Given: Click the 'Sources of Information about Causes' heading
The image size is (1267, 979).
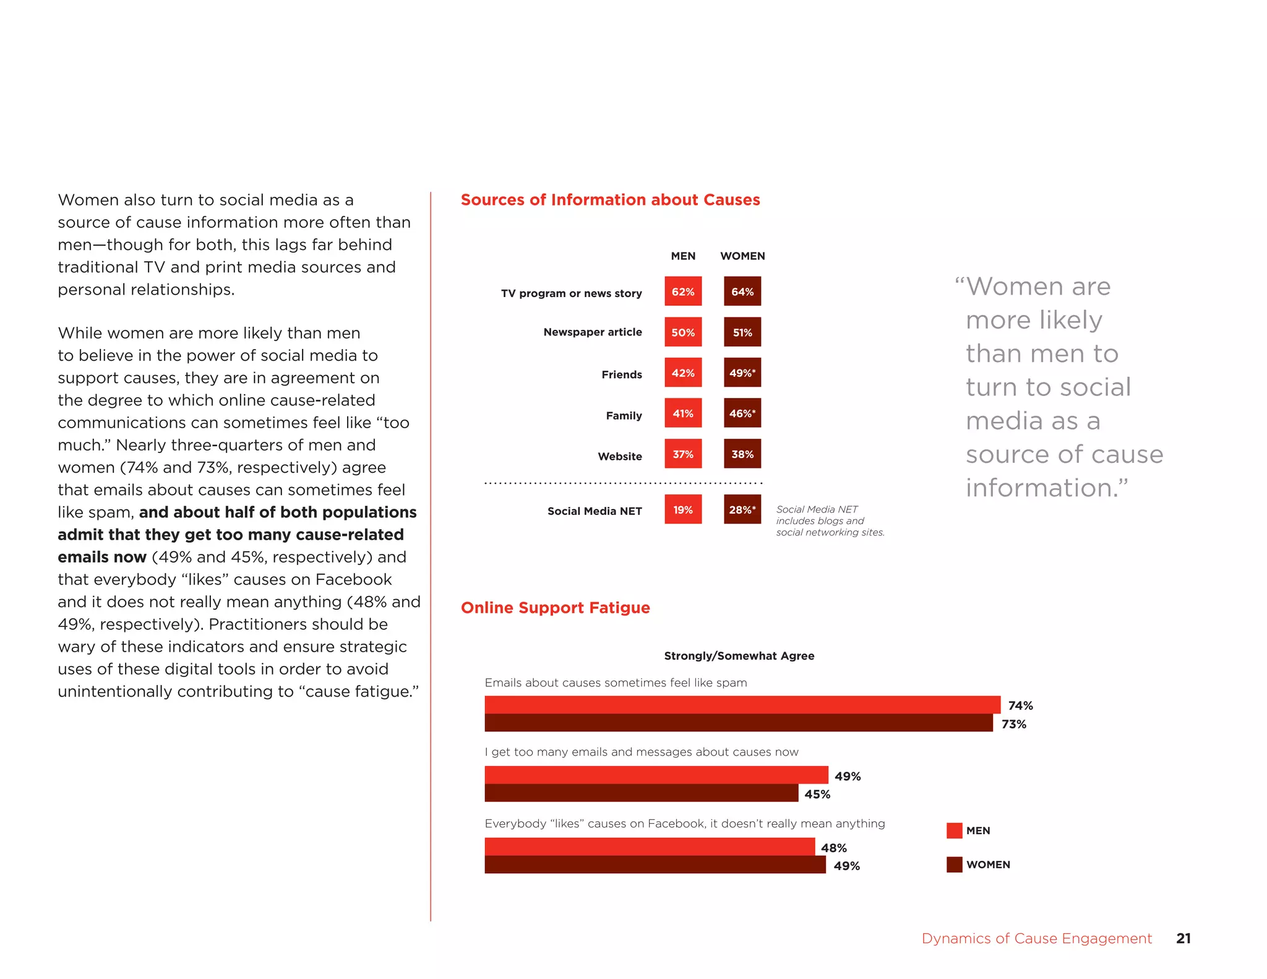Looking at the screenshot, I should click(x=610, y=200).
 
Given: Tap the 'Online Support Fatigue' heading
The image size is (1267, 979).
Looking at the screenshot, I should click(x=555, y=608).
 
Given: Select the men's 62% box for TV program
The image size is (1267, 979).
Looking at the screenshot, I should click(x=683, y=291).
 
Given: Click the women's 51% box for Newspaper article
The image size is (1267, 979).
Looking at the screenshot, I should click(x=742, y=332).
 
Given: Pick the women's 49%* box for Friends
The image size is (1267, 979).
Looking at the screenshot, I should click(x=742, y=373).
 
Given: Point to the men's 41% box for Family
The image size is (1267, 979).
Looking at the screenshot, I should click(x=683, y=413).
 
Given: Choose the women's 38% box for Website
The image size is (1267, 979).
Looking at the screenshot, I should click(x=742, y=454).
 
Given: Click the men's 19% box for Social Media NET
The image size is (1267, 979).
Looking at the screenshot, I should click(x=683, y=510).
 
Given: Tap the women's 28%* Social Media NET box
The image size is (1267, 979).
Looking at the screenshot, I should click(x=742, y=510).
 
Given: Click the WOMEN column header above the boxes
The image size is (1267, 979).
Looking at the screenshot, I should click(x=742, y=256).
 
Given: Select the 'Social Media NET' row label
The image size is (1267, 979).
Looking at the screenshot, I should click(x=595, y=511).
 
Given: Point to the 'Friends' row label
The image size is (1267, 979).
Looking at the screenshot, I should click(x=622, y=374).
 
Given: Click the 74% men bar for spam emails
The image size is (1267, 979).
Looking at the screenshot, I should click(x=742, y=705).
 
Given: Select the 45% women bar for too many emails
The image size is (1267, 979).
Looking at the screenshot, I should click(x=642, y=793).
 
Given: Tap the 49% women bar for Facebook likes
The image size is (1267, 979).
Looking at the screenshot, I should click(x=655, y=865).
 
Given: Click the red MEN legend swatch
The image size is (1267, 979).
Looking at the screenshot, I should click(x=954, y=830).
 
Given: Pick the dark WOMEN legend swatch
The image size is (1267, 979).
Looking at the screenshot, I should click(x=954, y=865).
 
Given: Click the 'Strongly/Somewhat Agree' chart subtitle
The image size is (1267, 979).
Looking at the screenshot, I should click(x=739, y=656).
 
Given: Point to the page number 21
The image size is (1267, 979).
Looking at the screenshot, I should click(x=1183, y=938).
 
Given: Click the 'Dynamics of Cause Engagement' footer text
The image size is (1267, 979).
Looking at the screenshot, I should click(x=1036, y=938).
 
